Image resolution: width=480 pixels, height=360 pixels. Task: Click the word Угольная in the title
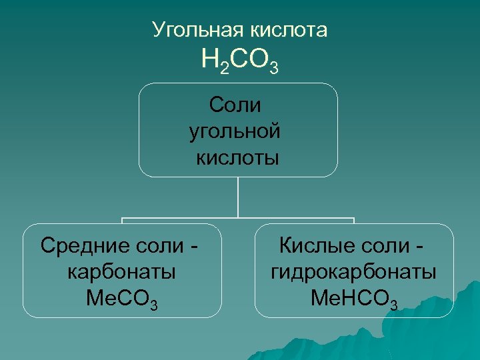[197, 31]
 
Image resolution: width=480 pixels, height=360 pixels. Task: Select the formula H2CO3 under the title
[239, 61]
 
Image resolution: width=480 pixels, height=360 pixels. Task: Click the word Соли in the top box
[235, 105]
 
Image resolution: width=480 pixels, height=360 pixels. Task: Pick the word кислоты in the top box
[237, 158]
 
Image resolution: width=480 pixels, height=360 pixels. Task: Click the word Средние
[83, 245]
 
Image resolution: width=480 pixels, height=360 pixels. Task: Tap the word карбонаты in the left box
[122, 272]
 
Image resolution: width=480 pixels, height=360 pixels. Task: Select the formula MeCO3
[122, 299]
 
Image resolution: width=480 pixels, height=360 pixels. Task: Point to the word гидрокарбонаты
[354, 272]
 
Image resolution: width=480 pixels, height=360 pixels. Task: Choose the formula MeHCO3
[354, 299]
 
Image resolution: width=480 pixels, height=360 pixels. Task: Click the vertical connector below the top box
[238, 197]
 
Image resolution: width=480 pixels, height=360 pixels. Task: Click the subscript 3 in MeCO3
[155, 305]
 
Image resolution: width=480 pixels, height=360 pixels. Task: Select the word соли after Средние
[158, 245]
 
